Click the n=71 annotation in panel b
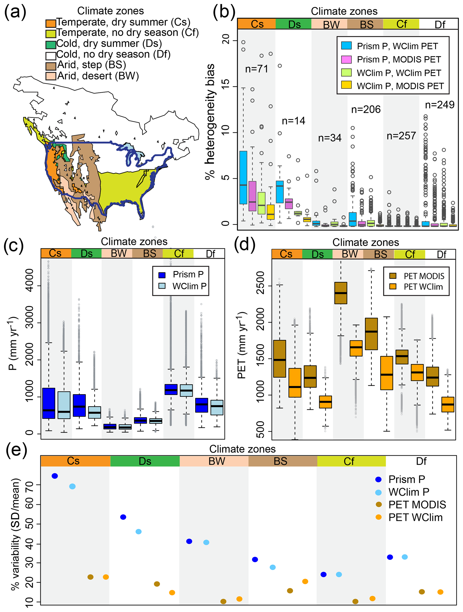(256, 69)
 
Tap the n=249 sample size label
(439, 105)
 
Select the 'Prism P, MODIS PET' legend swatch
(346, 59)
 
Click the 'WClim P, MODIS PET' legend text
(400, 86)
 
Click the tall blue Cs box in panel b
(243, 177)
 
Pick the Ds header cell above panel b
(294, 24)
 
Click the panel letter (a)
(15, 12)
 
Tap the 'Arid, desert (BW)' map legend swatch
(51, 76)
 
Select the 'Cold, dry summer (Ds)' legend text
(109, 43)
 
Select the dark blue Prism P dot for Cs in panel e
(55, 476)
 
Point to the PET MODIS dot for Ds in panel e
(157, 584)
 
